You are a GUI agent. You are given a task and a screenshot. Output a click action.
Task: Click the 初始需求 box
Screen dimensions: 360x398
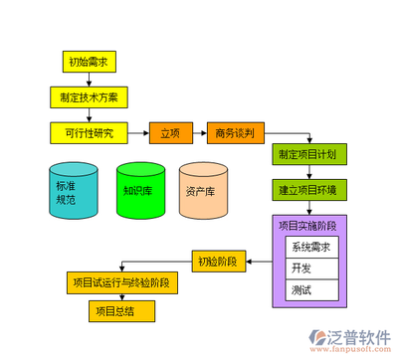coord(90,63)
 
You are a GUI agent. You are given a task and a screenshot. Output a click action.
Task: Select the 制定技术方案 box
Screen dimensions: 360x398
coord(90,96)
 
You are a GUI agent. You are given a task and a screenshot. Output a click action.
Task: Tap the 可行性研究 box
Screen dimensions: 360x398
coord(90,131)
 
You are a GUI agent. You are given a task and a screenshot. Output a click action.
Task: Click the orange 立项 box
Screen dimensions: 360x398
coord(170,131)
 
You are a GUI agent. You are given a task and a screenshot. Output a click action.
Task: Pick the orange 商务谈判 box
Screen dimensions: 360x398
coord(235,131)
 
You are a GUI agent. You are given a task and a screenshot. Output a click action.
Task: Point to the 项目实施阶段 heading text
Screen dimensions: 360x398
coord(312,226)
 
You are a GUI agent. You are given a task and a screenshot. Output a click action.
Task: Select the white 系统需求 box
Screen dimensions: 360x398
coord(311,247)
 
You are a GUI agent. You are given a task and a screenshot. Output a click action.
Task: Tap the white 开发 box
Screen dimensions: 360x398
coord(311,269)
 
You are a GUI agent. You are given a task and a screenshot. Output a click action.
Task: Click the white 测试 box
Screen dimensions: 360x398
coord(311,290)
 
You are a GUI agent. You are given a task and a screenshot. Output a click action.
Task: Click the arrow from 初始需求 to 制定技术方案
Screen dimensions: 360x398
coord(90,80)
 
